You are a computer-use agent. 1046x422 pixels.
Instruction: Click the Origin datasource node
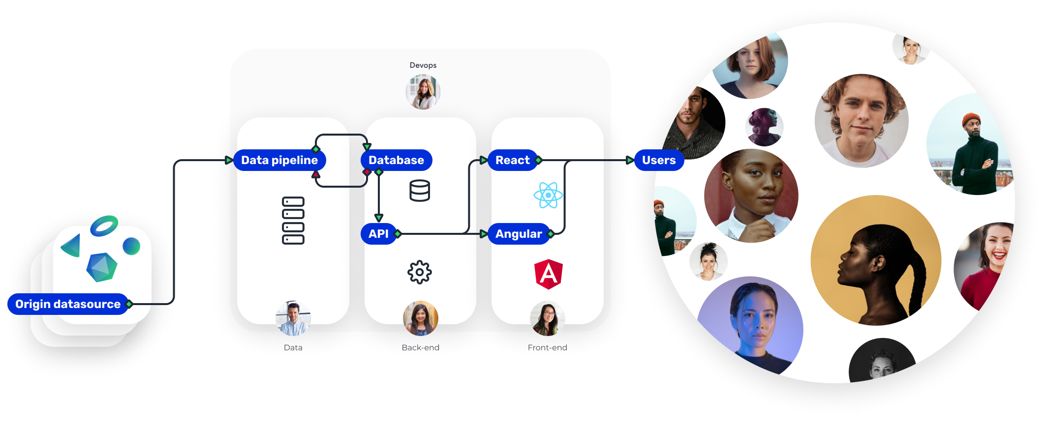(x=68, y=304)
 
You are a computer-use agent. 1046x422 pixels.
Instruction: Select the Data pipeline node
(x=279, y=160)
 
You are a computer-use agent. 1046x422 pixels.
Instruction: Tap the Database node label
(x=396, y=160)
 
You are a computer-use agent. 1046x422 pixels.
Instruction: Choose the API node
(x=378, y=234)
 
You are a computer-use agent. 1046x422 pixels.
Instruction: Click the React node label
(x=512, y=160)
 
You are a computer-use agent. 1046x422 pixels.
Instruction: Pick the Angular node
(x=519, y=234)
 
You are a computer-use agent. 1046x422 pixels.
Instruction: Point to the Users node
(x=659, y=160)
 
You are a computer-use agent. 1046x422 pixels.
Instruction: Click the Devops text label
(x=423, y=65)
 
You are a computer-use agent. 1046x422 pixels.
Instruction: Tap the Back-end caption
(x=421, y=348)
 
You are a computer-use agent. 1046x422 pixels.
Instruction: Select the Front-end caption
(x=547, y=348)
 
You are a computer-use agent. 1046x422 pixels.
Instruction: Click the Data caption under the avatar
(x=293, y=348)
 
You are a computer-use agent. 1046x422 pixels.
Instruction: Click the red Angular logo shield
(x=548, y=274)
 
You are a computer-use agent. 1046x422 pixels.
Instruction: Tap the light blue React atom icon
(x=548, y=195)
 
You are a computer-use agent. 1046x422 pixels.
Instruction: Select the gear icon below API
(x=420, y=272)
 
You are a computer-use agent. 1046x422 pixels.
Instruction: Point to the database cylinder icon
(x=420, y=191)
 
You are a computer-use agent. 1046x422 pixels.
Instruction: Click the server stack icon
(x=293, y=221)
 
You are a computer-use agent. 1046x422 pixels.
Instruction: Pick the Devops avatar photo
(x=423, y=92)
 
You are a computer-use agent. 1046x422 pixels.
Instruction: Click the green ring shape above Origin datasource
(x=104, y=225)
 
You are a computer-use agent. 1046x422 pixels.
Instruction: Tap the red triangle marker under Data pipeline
(x=316, y=174)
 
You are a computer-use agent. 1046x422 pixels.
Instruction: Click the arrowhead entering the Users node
(x=630, y=160)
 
